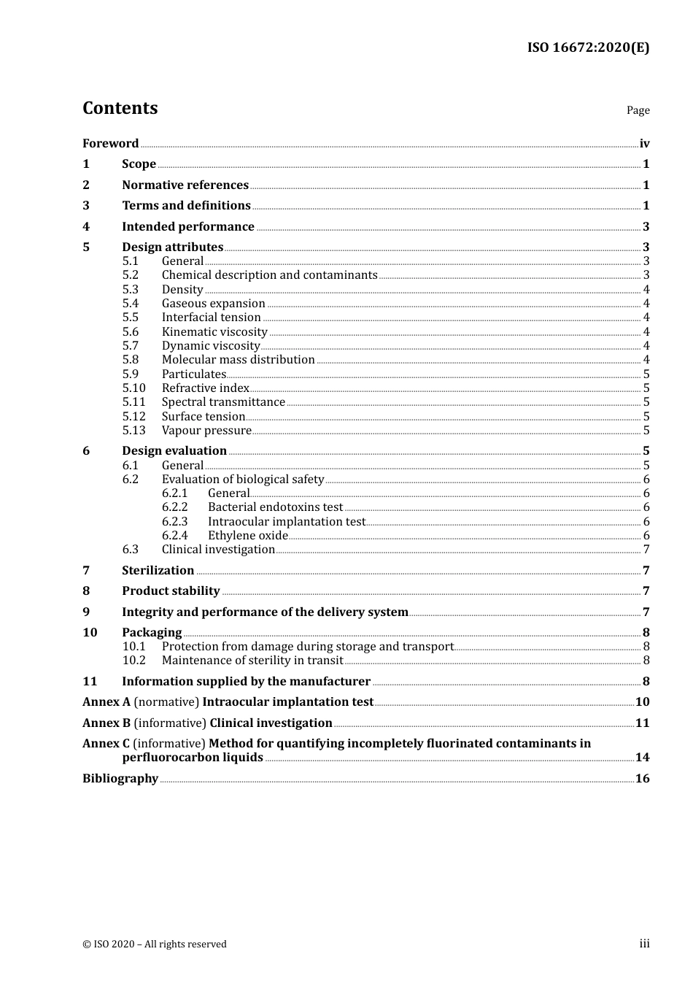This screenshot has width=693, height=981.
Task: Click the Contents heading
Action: [x=120, y=108]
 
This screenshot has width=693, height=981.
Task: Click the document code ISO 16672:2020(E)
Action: [x=588, y=47]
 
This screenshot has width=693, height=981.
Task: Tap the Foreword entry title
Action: [x=110, y=143]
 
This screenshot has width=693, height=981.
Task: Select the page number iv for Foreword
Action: [x=644, y=143]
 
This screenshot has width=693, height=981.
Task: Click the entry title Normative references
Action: [x=185, y=185]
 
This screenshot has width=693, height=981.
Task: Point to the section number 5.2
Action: [x=131, y=275]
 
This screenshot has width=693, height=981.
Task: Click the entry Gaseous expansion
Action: [x=213, y=304]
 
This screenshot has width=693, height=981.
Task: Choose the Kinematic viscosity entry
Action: [x=214, y=331]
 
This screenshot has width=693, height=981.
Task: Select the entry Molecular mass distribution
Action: [x=238, y=360]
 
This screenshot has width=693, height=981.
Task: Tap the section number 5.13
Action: [x=134, y=431]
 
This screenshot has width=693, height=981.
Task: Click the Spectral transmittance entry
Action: [x=223, y=402]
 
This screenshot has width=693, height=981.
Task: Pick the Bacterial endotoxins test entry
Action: [x=275, y=507]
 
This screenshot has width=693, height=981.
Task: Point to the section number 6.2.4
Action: [x=175, y=536]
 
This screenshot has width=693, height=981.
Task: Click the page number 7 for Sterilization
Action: [x=646, y=571]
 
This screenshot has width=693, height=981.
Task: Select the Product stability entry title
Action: [x=171, y=591]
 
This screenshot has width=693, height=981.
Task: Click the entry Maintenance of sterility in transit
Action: [x=252, y=661]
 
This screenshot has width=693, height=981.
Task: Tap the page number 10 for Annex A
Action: [x=642, y=702]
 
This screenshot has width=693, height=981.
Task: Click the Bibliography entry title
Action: [x=120, y=779]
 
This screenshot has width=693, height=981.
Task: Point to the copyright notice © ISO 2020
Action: [x=155, y=944]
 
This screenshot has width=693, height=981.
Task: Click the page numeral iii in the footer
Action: [x=644, y=944]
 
